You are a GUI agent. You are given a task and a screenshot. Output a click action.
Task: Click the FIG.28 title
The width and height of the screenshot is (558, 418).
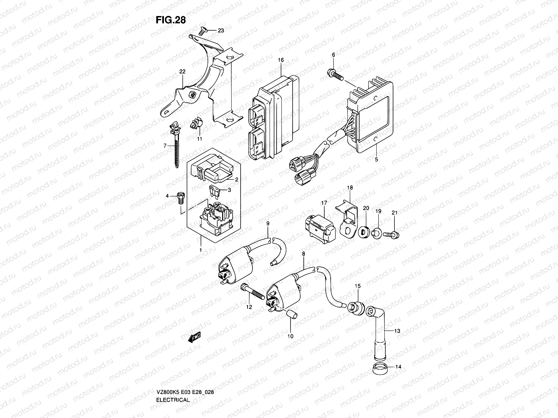171,20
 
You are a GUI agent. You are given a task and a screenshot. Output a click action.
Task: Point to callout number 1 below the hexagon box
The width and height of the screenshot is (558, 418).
201,250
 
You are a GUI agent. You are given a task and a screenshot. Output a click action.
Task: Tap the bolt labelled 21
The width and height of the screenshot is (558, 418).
391,235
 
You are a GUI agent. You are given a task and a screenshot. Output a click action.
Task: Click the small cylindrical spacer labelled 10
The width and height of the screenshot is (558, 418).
291,315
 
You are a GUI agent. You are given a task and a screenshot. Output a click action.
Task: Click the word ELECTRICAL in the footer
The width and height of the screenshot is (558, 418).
173,380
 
